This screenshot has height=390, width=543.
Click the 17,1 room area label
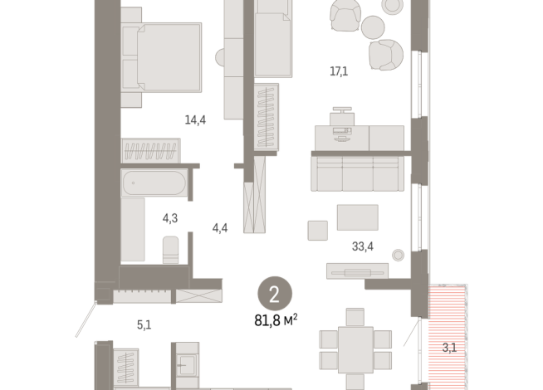click(x=339, y=71)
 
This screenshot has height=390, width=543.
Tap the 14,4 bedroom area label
click(x=195, y=120)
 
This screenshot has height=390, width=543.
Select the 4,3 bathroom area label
click(x=170, y=218)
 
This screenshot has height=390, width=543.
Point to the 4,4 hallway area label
click(x=220, y=228)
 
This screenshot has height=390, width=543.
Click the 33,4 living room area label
click(x=363, y=246)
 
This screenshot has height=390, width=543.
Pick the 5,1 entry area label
click(x=144, y=325)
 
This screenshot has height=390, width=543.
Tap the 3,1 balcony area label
click(x=449, y=348)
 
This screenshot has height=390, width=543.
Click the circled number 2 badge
click(x=275, y=294)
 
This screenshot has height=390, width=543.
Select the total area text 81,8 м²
click(x=276, y=320)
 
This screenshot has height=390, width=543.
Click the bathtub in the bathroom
click(x=154, y=183)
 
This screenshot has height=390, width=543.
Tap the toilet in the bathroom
click(x=170, y=250)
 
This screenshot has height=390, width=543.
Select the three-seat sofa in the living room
click(x=357, y=173)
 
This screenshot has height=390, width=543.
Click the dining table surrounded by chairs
click(x=355, y=349)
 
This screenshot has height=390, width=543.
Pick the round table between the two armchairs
click(x=373, y=27)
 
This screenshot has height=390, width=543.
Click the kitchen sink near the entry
click(x=187, y=365)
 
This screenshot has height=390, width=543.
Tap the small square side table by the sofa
click(x=318, y=231)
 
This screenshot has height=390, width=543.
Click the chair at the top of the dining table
click(x=355, y=317)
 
